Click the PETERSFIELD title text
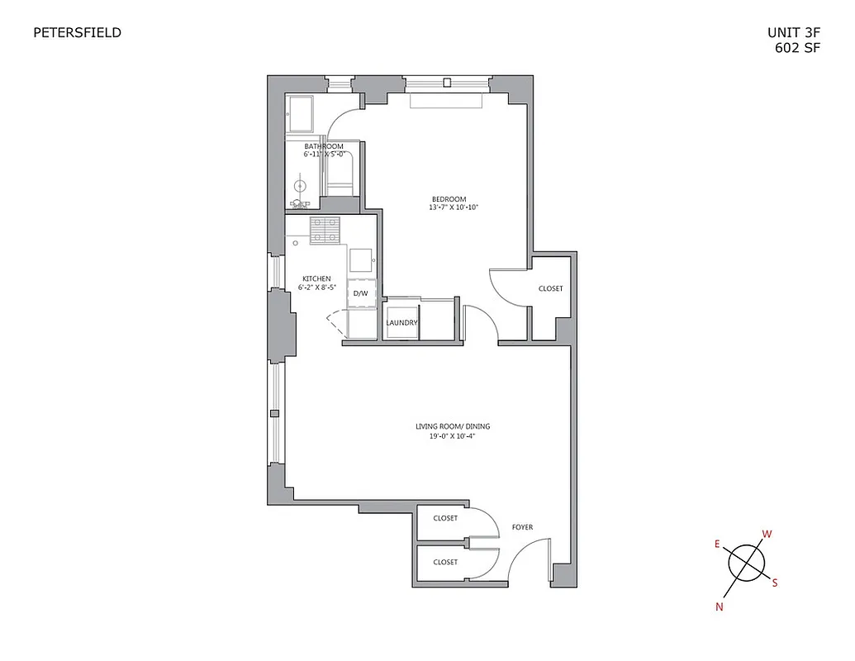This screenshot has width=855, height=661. [77, 33]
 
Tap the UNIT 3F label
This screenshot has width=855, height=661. [795, 34]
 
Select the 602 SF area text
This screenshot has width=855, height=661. [797, 48]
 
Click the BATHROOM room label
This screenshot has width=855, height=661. [323, 146]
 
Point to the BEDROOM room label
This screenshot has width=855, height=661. [449, 199]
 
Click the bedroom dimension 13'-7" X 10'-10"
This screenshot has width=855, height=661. [454, 208]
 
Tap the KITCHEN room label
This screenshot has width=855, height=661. [316, 278]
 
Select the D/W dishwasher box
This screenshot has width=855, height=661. [361, 293]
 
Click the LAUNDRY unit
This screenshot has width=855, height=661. [402, 322]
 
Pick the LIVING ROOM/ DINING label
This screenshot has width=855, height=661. [453, 426]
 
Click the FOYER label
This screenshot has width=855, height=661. [522, 527]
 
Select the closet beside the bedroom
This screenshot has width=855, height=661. [550, 289]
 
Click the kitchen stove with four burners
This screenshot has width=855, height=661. [325, 229]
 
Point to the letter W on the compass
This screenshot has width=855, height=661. [767, 534]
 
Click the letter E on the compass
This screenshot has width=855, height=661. [717, 544]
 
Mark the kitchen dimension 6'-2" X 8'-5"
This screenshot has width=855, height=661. [316, 288]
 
